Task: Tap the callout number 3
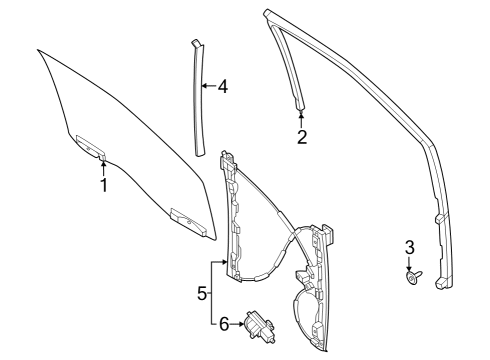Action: pyautogui.click(x=409, y=248)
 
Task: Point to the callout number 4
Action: pyautogui.click(x=222, y=87)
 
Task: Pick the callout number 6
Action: pyautogui.click(x=224, y=322)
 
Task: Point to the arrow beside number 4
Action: pyautogui.click(x=207, y=87)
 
